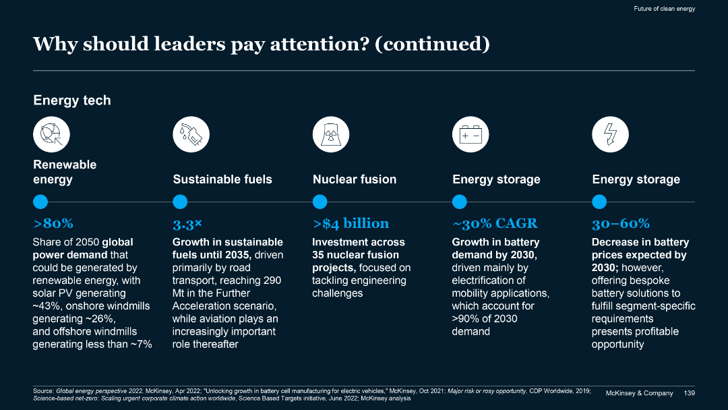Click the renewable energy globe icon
tap(52, 134)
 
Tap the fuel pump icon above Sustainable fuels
tap(191, 134)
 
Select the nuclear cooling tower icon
tap(331, 134)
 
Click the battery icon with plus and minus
tap(470, 134)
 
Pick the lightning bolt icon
tap(610, 134)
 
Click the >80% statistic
tap(53, 223)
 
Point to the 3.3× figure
tap(187, 223)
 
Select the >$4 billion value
tap(351, 223)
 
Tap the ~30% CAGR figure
tap(494, 223)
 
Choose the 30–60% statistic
tap(620, 223)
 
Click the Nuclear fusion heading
tap(355, 179)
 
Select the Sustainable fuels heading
tap(222, 179)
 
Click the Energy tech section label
tap(72, 100)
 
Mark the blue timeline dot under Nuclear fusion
tap(320, 202)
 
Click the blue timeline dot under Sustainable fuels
tap(180, 202)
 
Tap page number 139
tap(689, 393)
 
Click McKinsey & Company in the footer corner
tap(640, 393)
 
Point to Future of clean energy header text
tap(664, 9)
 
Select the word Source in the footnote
tap(42, 390)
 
